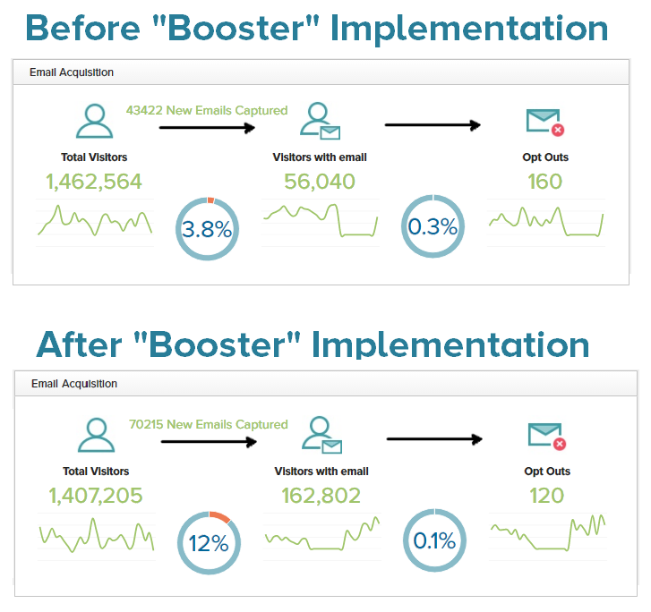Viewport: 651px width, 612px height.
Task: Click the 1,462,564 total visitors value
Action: click(94, 182)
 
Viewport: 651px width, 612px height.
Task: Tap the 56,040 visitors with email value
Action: click(320, 182)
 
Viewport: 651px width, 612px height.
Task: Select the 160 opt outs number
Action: click(545, 182)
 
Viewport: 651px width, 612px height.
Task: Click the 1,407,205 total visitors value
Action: click(96, 496)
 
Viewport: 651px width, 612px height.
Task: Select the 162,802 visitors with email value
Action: click(321, 496)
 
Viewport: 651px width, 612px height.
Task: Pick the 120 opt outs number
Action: click(547, 496)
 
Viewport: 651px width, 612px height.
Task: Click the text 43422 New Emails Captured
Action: click(207, 110)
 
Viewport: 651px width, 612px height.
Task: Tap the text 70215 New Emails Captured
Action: click(209, 424)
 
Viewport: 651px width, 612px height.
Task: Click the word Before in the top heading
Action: click(83, 28)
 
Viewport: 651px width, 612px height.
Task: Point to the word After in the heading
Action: click(79, 344)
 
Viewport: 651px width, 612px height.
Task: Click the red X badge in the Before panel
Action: click(558, 130)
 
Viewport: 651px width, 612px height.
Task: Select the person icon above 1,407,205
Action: click(97, 435)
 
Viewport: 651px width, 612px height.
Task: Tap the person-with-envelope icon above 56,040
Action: click(320, 121)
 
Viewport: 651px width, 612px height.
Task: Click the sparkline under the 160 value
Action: click(546, 222)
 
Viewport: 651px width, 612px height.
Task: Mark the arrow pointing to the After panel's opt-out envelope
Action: click(434, 439)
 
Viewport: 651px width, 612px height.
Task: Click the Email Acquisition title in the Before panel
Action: click(72, 72)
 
